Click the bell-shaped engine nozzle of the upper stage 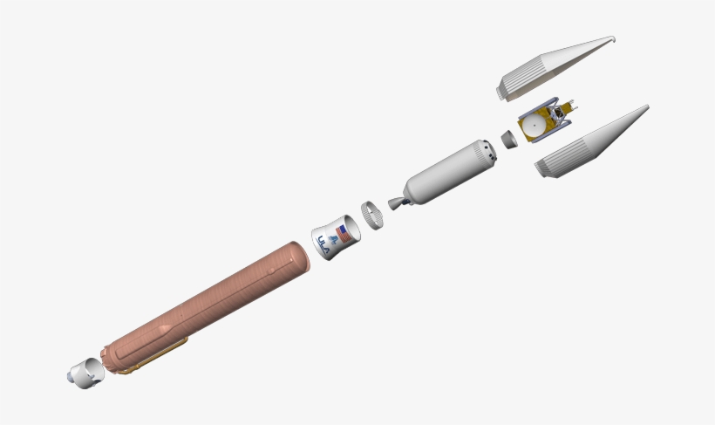pos(394,204)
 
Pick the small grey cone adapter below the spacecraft pos(508,139)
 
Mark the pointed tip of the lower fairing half pos(647,108)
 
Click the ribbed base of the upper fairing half pos(508,85)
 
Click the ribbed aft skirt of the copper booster pos(114,357)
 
